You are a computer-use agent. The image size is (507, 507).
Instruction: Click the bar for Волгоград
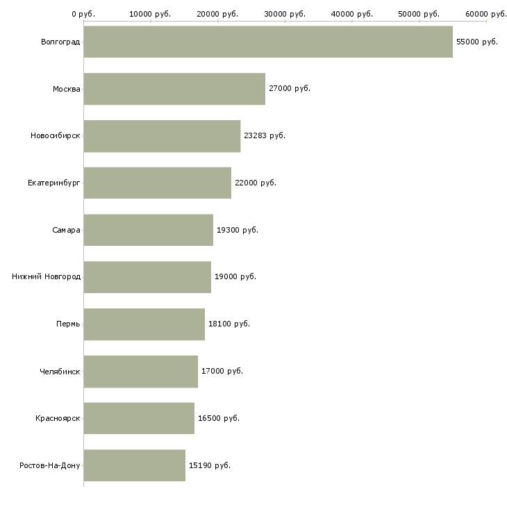(268, 42)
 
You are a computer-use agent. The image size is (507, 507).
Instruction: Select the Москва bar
(174, 89)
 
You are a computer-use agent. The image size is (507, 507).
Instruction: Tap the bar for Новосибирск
(162, 136)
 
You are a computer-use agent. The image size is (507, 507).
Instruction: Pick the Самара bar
(148, 230)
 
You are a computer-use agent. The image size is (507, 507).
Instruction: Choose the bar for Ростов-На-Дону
(134, 465)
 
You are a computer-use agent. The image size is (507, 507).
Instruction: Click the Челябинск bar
(140, 372)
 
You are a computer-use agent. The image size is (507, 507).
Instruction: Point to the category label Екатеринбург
(54, 183)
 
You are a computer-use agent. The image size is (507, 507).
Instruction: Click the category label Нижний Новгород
(47, 276)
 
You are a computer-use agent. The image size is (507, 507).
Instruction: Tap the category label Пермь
(68, 324)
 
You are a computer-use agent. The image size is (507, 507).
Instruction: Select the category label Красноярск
(58, 418)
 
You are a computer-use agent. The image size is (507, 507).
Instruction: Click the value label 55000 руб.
(477, 42)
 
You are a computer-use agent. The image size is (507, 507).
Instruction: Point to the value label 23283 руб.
(265, 135)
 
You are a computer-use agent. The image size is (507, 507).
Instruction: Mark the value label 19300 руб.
(238, 230)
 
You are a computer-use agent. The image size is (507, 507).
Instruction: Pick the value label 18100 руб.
(229, 324)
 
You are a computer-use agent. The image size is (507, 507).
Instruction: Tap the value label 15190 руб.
(210, 465)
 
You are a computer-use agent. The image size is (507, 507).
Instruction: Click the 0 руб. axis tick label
(83, 13)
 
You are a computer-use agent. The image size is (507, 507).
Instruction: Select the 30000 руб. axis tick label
(285, 13)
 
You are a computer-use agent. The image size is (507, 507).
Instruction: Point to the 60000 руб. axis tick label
(486, 13)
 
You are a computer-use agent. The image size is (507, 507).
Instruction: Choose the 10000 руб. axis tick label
(151, 13)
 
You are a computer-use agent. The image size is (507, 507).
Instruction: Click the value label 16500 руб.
(219, 418)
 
